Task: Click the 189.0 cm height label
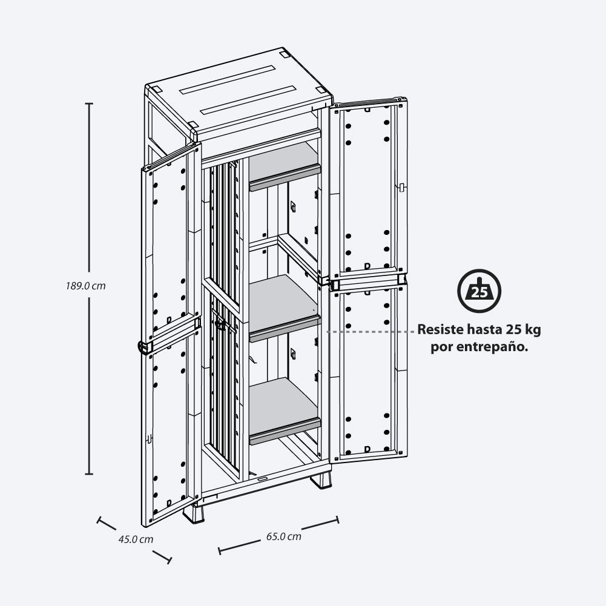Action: pyautogui.click(x=85, y=286)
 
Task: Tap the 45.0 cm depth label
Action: pyautogui.click(x=136, y=539)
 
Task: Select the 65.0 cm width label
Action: pyautogui.click(x=284, y=536)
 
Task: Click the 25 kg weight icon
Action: pyautogui.click(x=479, y=291)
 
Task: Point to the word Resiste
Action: pyautogui.click(x=440, y=330)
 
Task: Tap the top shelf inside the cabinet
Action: pyautogui.click(x=285, y=167)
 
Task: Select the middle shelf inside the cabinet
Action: pyautogui.click(x=285, y=308)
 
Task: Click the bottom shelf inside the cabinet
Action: pyautogui.click(x=285, y=410)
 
